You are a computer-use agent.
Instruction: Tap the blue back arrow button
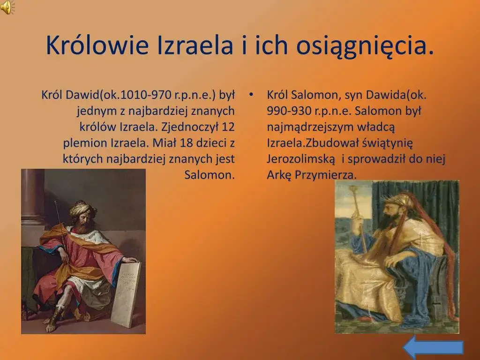pyautogui.click(x=433, y=347)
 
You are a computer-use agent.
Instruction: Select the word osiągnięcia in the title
pyautogui.click(x=360, y=45)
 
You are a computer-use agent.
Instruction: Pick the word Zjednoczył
pyautogui.click(x=186, y=127)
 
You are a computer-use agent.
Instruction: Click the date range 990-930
pyautogui.click(x=289, y=111)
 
